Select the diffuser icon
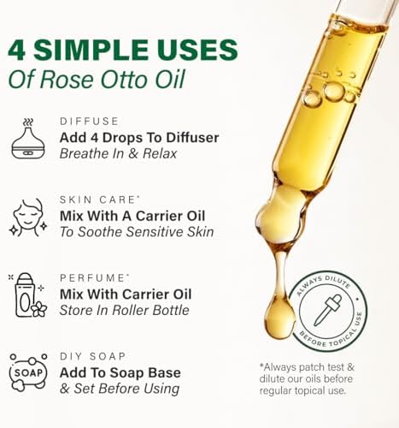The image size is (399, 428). [x=28, y=139]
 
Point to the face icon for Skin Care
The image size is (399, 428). [x=27, y=217]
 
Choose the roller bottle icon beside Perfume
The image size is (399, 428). [x=27, y=296]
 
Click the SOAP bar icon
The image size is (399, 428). [x=28, y=372]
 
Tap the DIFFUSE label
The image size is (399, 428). [x=88, y=122]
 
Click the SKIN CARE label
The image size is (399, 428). [x=94, y=199]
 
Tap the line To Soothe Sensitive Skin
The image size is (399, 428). [x=137, y=232]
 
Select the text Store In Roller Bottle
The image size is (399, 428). [x=125, y=311]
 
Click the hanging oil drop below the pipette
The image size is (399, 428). [x=280, y=321]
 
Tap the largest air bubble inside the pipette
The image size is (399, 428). [x=334, y=91]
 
